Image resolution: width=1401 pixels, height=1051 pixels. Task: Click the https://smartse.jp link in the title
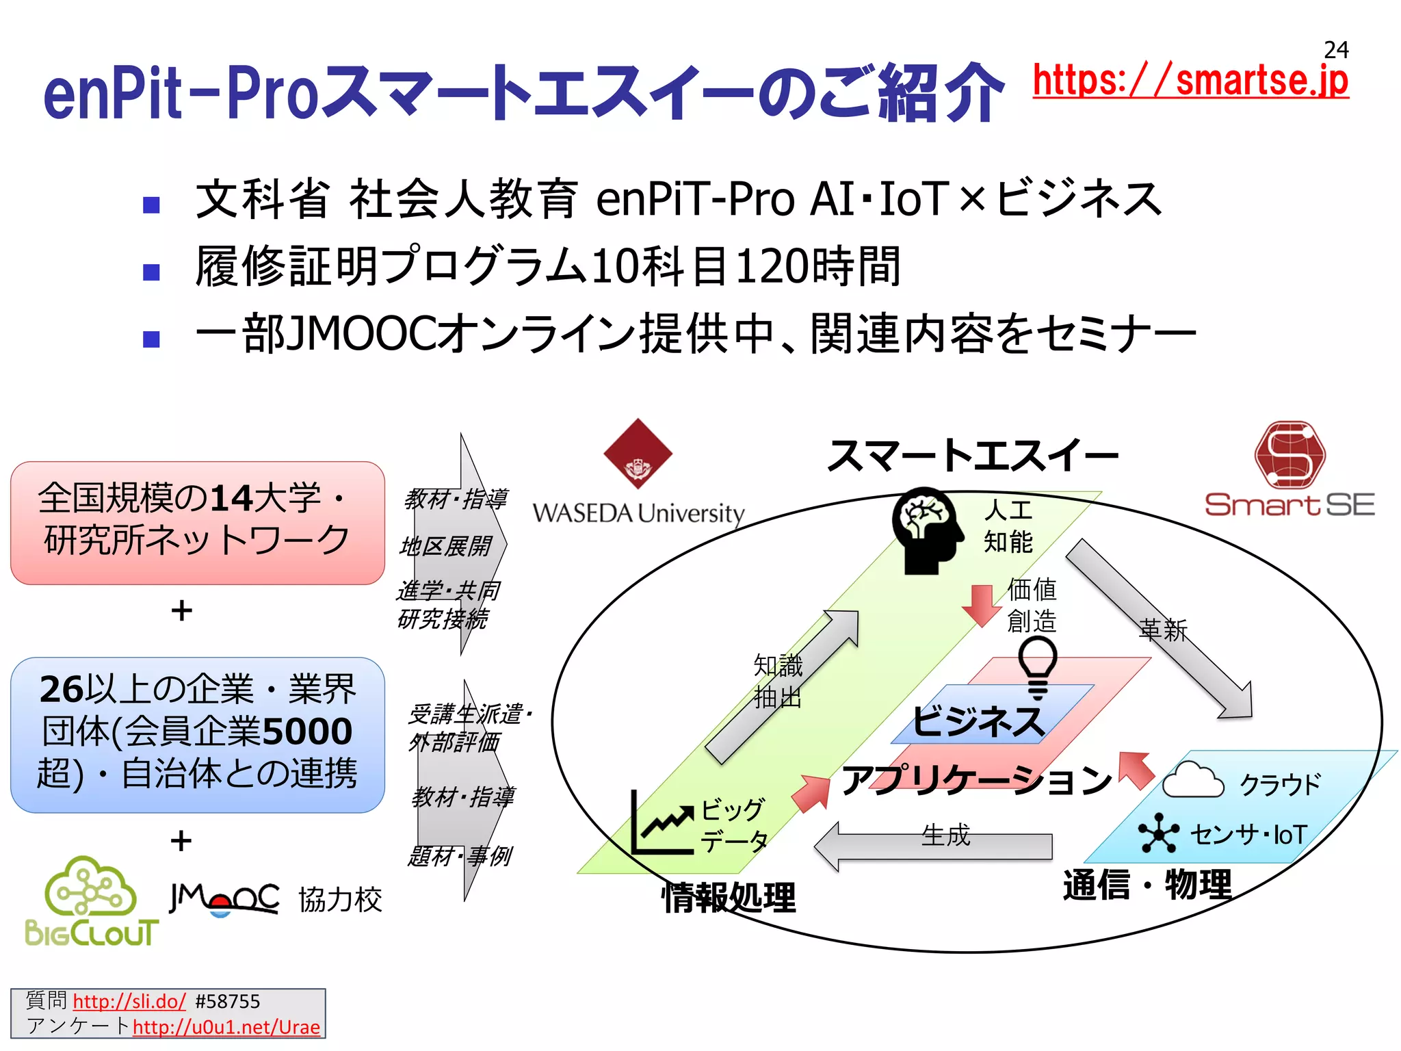(x=1190, y=81)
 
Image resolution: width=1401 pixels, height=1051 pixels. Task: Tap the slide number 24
(x=1336, y=49)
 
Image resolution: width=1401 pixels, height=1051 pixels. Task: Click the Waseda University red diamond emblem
(x=638, y=453)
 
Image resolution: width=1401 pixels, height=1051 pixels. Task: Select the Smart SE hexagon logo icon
(x=1289, y=455)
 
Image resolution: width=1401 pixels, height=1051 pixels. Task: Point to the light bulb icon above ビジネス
(x=1038, y=666)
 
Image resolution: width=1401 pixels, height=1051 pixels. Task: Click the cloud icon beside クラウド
(x=1192, y=780)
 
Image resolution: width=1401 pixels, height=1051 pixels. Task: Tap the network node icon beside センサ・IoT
(x=1158, y=833)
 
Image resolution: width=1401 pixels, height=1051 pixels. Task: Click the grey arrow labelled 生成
(x=934, y=846)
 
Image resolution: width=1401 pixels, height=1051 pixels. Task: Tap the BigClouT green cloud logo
(x=91, y=901)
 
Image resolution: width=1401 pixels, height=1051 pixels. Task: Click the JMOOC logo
(x=224, y=898)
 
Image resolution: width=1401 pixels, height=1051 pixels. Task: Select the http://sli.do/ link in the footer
(x=129, y=1002)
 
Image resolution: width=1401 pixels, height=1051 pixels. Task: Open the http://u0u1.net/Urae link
(x=226, y=1027)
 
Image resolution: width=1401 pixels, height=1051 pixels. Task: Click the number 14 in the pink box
(x=232, y=498)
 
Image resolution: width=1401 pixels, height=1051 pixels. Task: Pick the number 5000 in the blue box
(x=307, y=731)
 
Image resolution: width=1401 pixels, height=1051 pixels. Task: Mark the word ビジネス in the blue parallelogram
(x=978, y=721)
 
